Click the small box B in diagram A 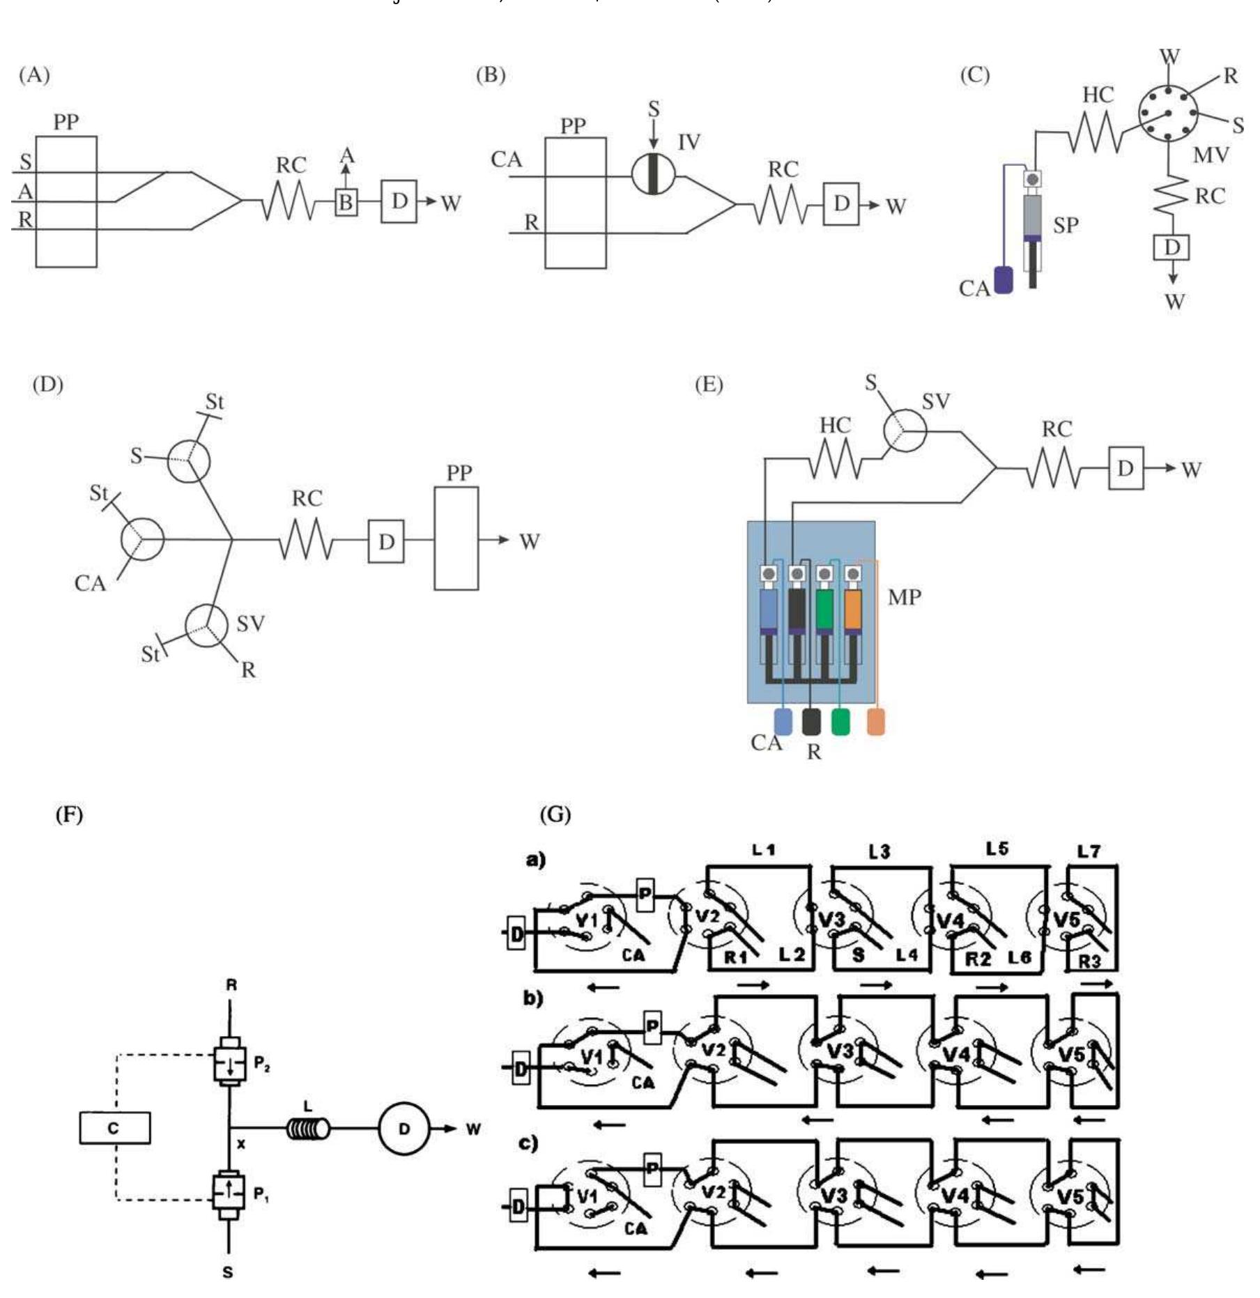[346, 203]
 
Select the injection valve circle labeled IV [653, 173]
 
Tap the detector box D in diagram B [841, 204]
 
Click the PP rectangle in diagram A [66, 202]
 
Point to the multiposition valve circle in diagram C [1167, 113]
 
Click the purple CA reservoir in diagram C [1003, 279]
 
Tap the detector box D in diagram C [1172, 247]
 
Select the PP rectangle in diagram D [456, 539]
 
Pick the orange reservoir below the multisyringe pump [876, 722]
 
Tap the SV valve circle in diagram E [905, 431]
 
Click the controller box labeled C [114, 1128]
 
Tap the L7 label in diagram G [1089, 851]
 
